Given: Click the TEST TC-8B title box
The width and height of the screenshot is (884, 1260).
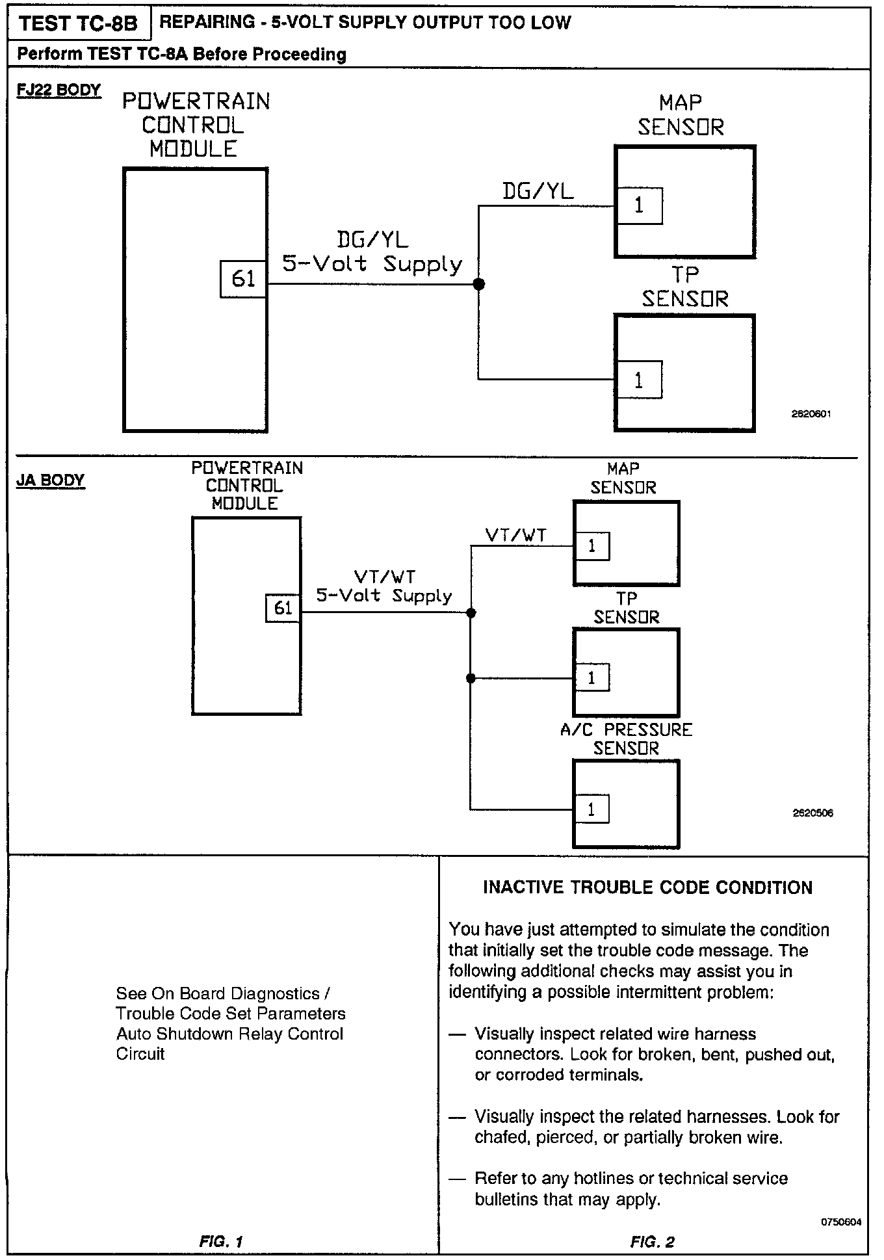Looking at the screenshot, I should [78, 24].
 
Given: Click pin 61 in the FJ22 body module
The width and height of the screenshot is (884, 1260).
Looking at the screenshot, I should [243, 279].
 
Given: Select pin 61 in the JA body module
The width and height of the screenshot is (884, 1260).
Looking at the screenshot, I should [283, 608].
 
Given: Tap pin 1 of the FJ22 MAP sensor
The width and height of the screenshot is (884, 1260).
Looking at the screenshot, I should [640, 206].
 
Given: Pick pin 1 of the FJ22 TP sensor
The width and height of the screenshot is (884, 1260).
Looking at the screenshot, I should [639, 380].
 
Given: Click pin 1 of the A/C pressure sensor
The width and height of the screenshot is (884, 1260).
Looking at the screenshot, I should [591, 810].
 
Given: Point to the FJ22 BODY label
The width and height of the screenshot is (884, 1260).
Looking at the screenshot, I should [58, 90].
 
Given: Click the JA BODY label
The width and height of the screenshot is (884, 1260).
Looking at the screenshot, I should [50, 480].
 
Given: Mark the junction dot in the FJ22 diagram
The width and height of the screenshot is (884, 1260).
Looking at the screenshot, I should [479, 284].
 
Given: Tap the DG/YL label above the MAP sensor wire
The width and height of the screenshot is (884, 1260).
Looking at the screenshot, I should [538, 191].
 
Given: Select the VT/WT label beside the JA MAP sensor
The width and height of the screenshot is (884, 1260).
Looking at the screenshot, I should [516, 535].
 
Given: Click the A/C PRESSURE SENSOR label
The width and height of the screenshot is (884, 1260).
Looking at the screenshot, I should [626, 739].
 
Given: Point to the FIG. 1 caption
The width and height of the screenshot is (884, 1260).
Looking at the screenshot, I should [221, 1241].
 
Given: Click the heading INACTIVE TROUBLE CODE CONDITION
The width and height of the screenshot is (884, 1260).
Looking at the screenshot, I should [647, 888].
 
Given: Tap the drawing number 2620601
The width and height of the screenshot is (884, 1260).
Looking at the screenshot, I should [811, 413].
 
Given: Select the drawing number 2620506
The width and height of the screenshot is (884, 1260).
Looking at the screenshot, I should [812, 813].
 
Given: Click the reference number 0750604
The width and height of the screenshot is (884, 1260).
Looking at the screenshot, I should [841, 1222].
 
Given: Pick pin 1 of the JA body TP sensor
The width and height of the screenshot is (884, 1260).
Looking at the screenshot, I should [591, 678].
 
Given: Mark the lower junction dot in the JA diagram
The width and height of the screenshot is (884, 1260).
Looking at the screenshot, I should [471, 678].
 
